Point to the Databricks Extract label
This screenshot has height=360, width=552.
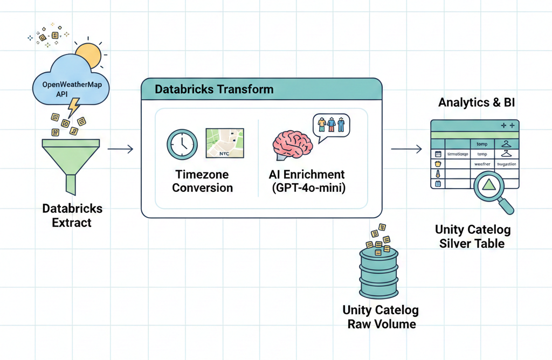click(x=72, y=215)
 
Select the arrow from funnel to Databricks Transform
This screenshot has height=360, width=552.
click(x=120, y=149)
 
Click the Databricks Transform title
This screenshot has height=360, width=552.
click(x=214, y=89)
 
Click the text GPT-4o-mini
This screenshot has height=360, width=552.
click(x=307, y=188)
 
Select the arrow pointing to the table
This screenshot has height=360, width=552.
click(x=405, y=149)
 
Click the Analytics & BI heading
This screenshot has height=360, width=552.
click(x=477, y=103)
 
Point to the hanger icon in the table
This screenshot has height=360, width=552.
click(x=505, y=143)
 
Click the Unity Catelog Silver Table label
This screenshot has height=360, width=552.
click(x=472, y=237)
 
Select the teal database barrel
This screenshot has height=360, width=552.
click(x=378, y=273)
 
